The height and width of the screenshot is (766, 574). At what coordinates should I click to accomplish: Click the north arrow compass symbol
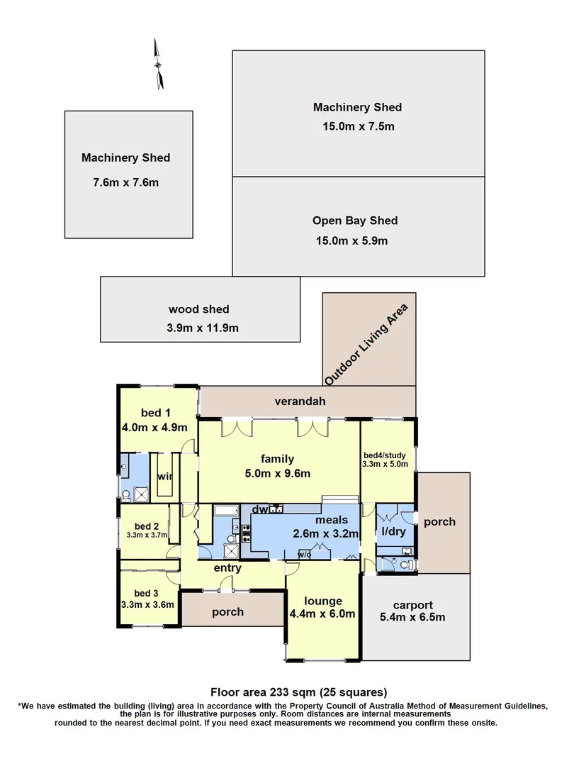pyautogui.click(x=160, y=65)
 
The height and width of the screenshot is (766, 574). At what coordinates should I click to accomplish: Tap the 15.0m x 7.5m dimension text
pyautogui.click(x=358, y=127)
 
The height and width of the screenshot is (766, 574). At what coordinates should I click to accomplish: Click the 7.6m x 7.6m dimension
pyautogui.click(x=126, y=182)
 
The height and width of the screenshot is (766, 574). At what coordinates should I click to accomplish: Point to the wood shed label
pyautogui.click(x=198, y=309)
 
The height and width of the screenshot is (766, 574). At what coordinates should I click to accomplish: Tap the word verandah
pyautogui.click(x=300, y=401)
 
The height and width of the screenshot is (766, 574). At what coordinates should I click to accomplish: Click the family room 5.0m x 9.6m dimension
pyautogui.click(x=277, y=474)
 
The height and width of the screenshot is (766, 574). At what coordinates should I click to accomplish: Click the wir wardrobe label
pyautogui.click(x=164, y=476)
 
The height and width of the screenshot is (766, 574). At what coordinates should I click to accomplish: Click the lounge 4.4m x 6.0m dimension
pyautogui.click(x=322, y=614)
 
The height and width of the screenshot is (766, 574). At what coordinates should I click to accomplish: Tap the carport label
pyautogui.click(x=413, y=605)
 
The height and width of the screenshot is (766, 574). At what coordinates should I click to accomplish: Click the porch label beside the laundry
pyautogui.click(x=439, y=521)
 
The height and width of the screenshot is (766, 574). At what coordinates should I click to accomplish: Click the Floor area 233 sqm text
pyautogui.click(x=298, y=692)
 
